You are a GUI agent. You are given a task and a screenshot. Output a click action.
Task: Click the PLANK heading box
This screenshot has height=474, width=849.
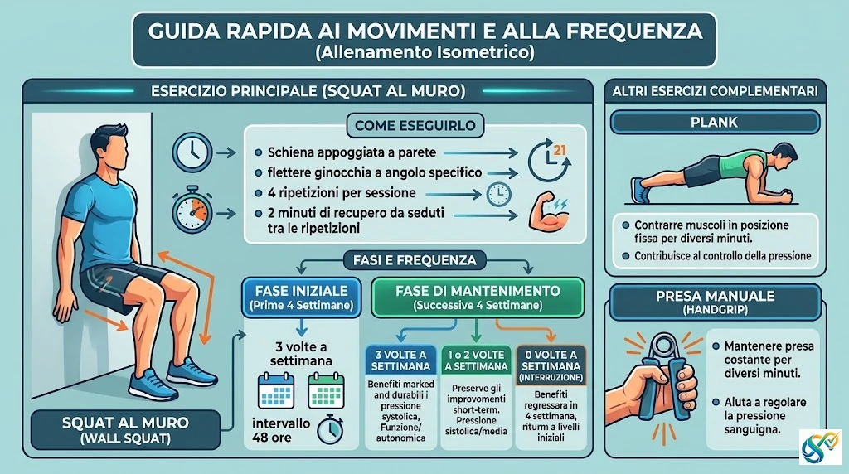click(715, 123)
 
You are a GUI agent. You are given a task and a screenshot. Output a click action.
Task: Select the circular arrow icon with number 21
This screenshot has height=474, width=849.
click(548, 160)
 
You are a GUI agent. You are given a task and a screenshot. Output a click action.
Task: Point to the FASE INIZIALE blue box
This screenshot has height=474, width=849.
click(302, 297)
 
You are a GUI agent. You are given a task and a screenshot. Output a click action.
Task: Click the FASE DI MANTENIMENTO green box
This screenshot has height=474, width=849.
click(478, 297)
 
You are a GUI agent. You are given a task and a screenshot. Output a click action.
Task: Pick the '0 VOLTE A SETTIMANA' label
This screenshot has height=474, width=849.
click(551, 365)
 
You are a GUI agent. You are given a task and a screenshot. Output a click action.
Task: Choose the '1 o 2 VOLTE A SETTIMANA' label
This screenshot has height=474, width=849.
click(476, 360)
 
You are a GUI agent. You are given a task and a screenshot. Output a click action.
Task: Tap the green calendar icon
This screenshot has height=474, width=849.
click(326, 390)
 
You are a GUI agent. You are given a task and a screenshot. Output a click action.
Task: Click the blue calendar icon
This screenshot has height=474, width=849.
click(276, 390)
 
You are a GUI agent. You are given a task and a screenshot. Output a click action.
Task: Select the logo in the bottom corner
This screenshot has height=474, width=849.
click(820, 447)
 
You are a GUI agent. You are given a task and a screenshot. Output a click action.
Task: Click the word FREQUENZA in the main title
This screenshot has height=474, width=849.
click(634, 31)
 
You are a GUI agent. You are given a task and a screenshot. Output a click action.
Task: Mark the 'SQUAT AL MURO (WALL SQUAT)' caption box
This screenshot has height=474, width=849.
click(126, 429)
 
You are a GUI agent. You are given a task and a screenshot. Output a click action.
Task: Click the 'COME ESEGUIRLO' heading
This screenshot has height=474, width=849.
click(415, 125)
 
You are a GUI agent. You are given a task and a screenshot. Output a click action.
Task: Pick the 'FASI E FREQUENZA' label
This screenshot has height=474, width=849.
click(415, 260)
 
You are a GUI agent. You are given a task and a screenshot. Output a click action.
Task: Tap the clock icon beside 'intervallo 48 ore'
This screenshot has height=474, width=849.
click(329, 429)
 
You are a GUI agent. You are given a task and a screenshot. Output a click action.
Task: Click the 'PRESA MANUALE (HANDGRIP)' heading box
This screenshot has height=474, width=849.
click(716, 302)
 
